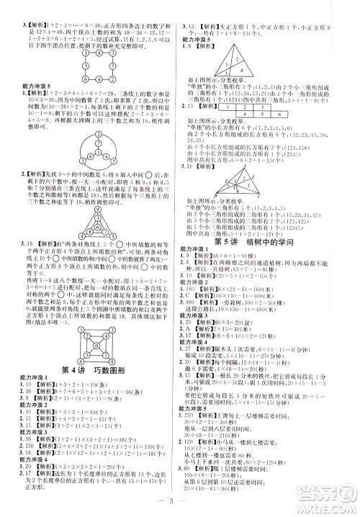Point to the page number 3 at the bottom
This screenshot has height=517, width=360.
pos(180,504)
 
